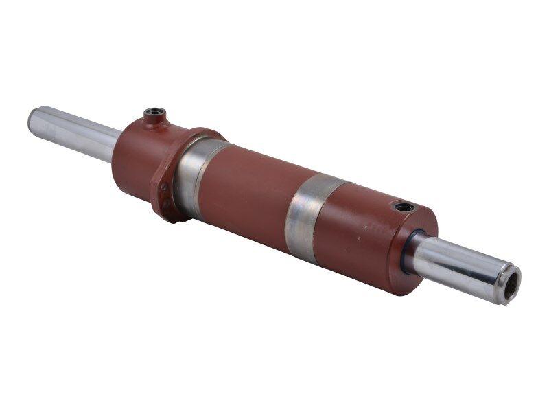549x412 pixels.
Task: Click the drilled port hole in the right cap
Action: (401, 206)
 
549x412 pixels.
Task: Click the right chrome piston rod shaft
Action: (453, 264)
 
